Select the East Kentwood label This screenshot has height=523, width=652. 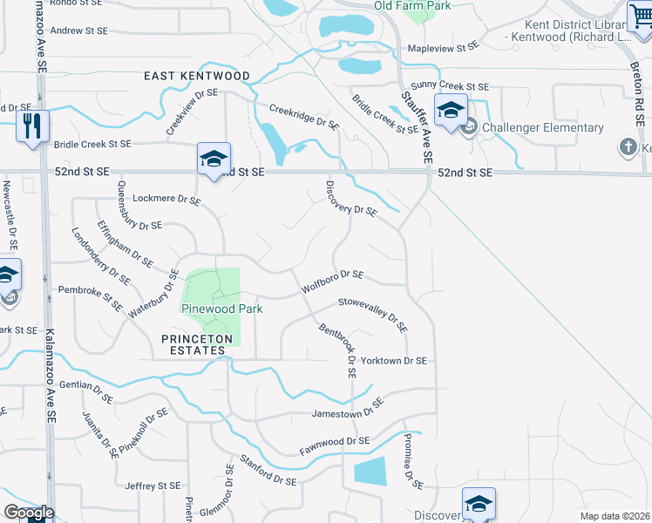197,77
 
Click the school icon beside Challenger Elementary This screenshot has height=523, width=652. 450,112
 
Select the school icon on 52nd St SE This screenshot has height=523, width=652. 214,159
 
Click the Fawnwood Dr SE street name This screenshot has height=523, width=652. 335,446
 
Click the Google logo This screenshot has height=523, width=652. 29,513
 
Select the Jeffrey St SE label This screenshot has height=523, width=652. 153,486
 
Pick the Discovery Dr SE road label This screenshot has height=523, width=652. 350,200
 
